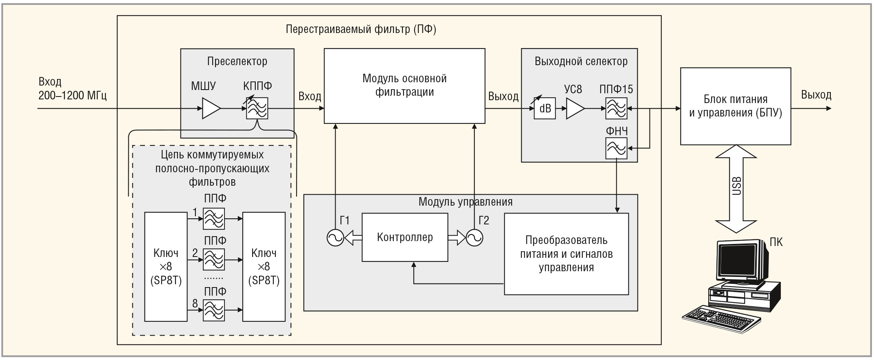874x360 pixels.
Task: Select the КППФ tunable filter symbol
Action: click(x=257, y=108)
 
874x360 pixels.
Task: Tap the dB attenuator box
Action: click(x=545, y=108)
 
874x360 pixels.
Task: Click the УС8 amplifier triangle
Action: click(x=574, y=109)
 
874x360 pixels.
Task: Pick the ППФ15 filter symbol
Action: click(x=616, y=108)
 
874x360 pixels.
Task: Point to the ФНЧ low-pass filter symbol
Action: click(x=616, y=148)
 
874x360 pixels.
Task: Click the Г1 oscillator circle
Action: click(x=336, y=237)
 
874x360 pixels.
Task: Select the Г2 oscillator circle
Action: click(x=474, y=237)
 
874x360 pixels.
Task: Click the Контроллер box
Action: click(x=405, y=237)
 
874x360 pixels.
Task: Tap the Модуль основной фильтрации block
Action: click(x=404, y=86)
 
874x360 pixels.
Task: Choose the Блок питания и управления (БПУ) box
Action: click(x=736, y=106)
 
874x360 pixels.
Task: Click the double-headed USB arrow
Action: click(x=736, y=189)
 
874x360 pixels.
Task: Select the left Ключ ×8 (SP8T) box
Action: click(x=166, y=267)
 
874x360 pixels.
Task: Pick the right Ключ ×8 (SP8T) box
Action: click(x=264, y=267)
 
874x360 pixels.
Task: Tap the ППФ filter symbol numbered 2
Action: click(x=214, y=259)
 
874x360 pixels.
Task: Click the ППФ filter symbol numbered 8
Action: click(x=214, y=310)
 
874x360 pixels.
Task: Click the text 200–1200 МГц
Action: click(x=72, y=96)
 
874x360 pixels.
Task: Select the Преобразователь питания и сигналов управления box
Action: click(x=566, y=254)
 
